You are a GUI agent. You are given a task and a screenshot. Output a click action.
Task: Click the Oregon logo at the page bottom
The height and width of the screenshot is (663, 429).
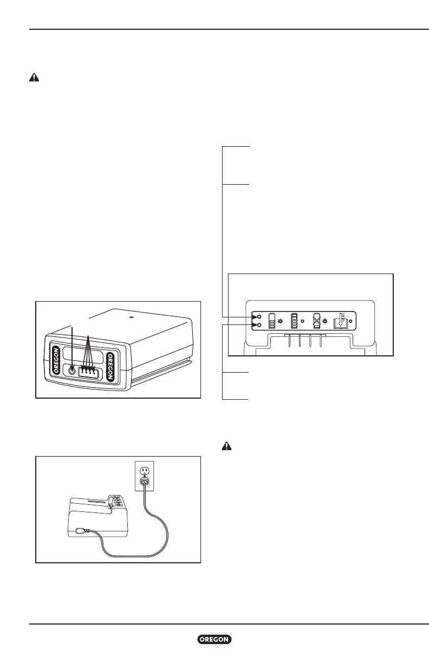[x=214, y=640]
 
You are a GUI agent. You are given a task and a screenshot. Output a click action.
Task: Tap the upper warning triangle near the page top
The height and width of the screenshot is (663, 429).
[x=34, y=77]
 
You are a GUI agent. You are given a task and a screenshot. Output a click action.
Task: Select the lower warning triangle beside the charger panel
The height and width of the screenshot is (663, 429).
[x=228, y=447]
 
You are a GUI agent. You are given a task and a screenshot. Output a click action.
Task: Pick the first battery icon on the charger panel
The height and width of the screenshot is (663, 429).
[x=272, y=321]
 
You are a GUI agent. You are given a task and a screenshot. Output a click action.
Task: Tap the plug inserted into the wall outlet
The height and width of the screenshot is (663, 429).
[x=144, y=482]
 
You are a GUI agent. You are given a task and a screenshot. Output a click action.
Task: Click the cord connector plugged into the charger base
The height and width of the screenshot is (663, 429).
[x=81, y=530]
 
